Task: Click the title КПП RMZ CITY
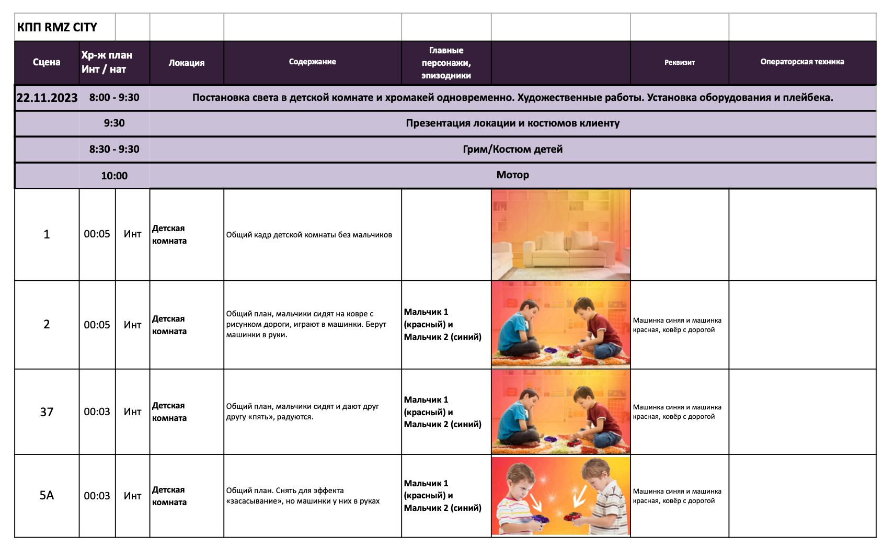(x=57, y=27)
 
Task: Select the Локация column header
(x=186, y=63)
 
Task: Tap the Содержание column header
(x=312, y=62)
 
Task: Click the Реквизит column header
(x=679, y=62)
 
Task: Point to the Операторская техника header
(x=802, y=62)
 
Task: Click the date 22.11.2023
(x=47, y=98)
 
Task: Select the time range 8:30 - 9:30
(x=114, y=149)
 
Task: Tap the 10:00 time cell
(x=114, y=176)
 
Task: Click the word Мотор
(x=512, y=175)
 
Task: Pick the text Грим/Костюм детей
(x=512, y=149)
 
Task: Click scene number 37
(x=47, y=412)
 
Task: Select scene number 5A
(x=47, y=495)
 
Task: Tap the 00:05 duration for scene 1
(x=97, y=234)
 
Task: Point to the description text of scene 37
(x=302, y=412)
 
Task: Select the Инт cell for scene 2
(x=132, y=325)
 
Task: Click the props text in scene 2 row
(x=677, y=325)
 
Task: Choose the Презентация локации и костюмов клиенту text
(x=512, y=123)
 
